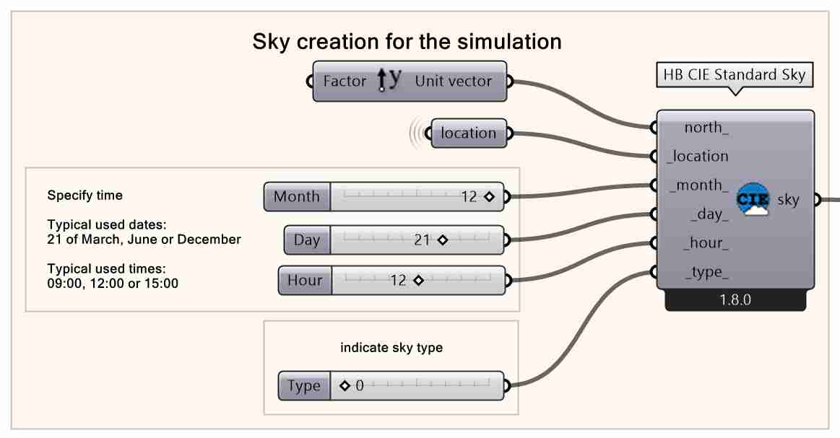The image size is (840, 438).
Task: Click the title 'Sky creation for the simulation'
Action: pyautogui.click(x=407, y=42)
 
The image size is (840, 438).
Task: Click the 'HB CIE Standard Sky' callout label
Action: pyautogui.click(x=734, y=75)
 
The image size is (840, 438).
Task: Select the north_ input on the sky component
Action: pyautogui.click(x=706, y=128)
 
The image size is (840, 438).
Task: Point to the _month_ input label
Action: pyautogui.click(x=698, y=185)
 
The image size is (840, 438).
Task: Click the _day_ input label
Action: pyautogui.click(x=709, y=214)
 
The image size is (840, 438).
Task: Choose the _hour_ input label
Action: pyautogui.click(x=706, y=243)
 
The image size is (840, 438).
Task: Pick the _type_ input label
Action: pyautogui.click(x=706, y=272)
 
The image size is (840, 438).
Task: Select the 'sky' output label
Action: pyautogui.click(x=788, y=200)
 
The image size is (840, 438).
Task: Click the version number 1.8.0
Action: pyautogui.click(x=735, y=300)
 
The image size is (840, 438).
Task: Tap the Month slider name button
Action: pyautogui.click(x=297, y=196)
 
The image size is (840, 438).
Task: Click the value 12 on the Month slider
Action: pyautogui.click(x=469, y=196)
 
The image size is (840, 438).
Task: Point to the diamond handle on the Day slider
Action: pyautogui.click(x=443, y=240)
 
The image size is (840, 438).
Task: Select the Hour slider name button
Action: pyautogui.click(x=305, y=281)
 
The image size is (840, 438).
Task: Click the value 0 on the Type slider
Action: pyautogui.click(x=359, y=386)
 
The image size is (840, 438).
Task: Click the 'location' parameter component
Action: pyautogui.click(x=469, y=133)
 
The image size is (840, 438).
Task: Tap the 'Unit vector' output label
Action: pyautogui.click(x=453, y=82)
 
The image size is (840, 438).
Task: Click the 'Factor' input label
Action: pyautogui.click(x=345, y=82)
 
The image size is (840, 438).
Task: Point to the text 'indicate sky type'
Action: pyautogui.click(x=391, y=348)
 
